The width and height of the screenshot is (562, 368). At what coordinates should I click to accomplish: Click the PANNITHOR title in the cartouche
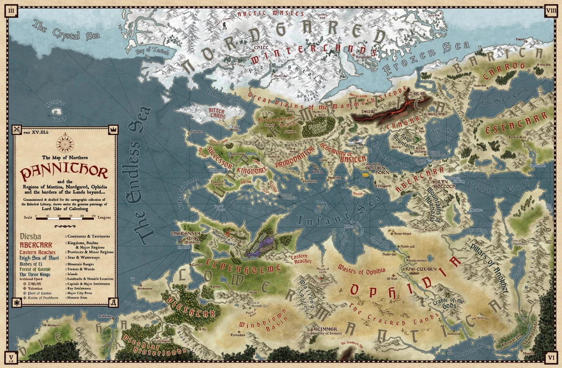click(64, 172)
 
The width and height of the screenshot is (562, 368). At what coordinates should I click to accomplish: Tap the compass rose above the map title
click(64, 143)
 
